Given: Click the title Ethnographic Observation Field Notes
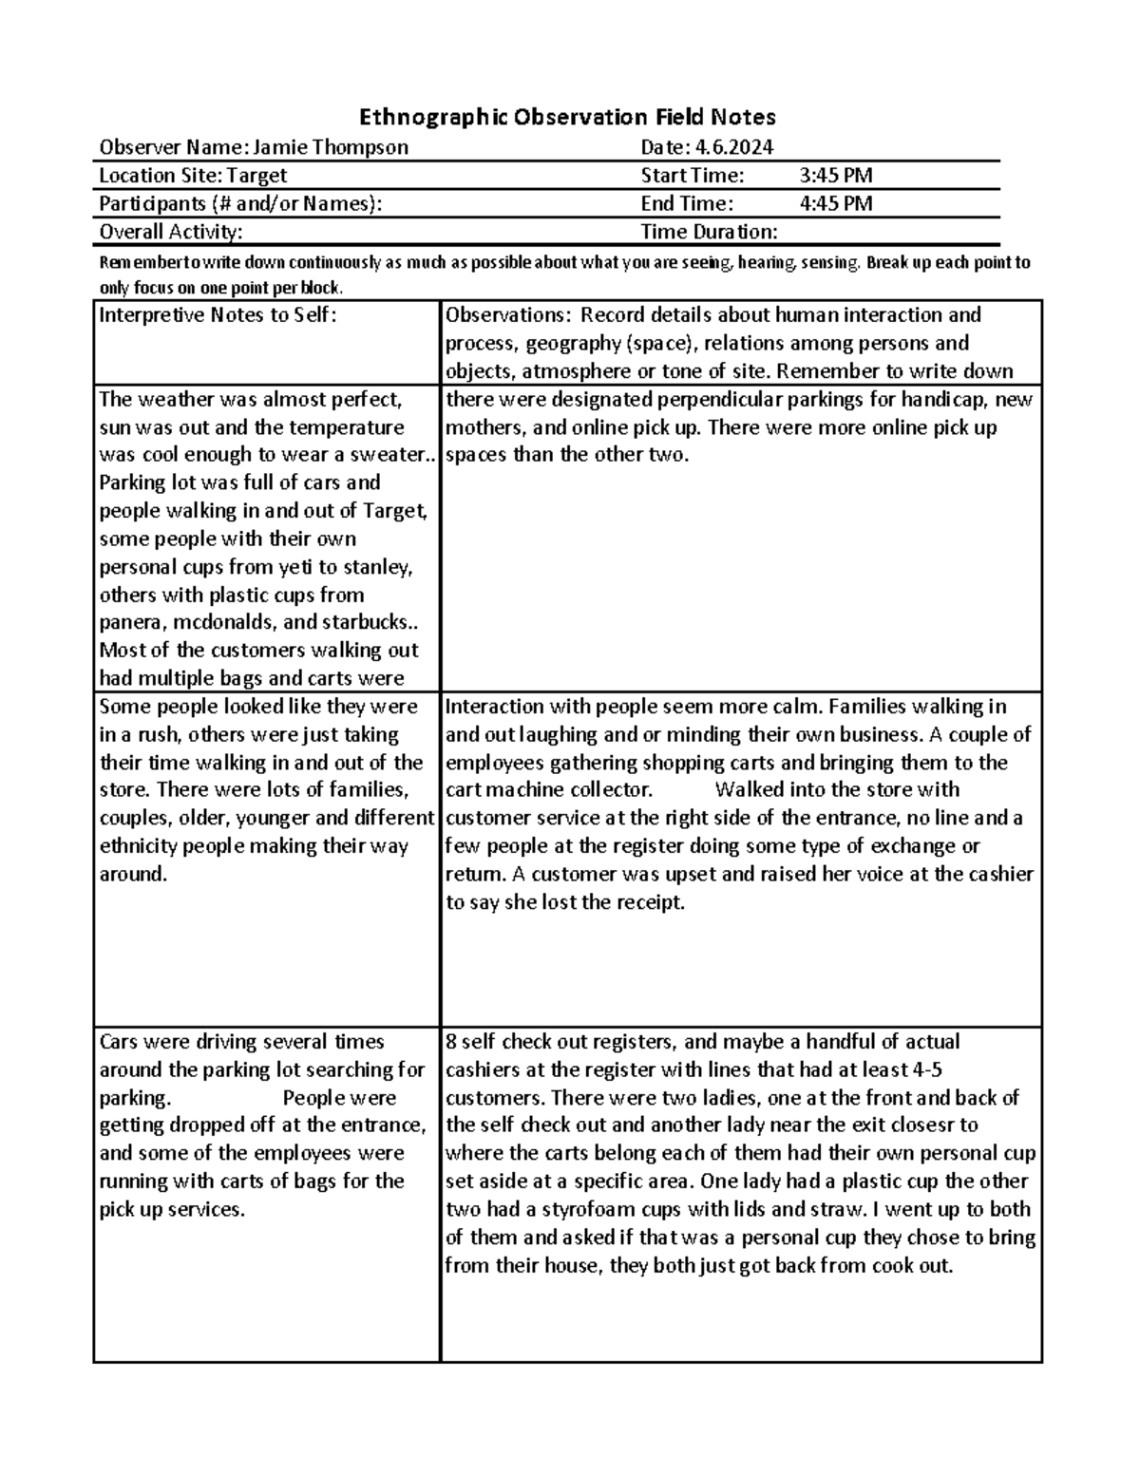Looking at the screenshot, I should coord(567,117).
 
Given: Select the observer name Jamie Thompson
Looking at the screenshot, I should coord(331,147).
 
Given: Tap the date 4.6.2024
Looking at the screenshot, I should coord(734,147).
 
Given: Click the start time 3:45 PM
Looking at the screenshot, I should coord(836,176).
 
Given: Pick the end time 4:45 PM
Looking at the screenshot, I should coord(836,204).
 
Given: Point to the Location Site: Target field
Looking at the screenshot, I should coord(193,176).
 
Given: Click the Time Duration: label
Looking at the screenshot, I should coord(709,233).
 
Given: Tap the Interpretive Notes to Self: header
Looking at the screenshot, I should coord(218,316).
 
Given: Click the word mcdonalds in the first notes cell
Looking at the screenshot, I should coord(219,624).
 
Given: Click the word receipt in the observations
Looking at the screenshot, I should coord(647,903).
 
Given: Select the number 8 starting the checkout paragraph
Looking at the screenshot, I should coord(450,1042).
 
